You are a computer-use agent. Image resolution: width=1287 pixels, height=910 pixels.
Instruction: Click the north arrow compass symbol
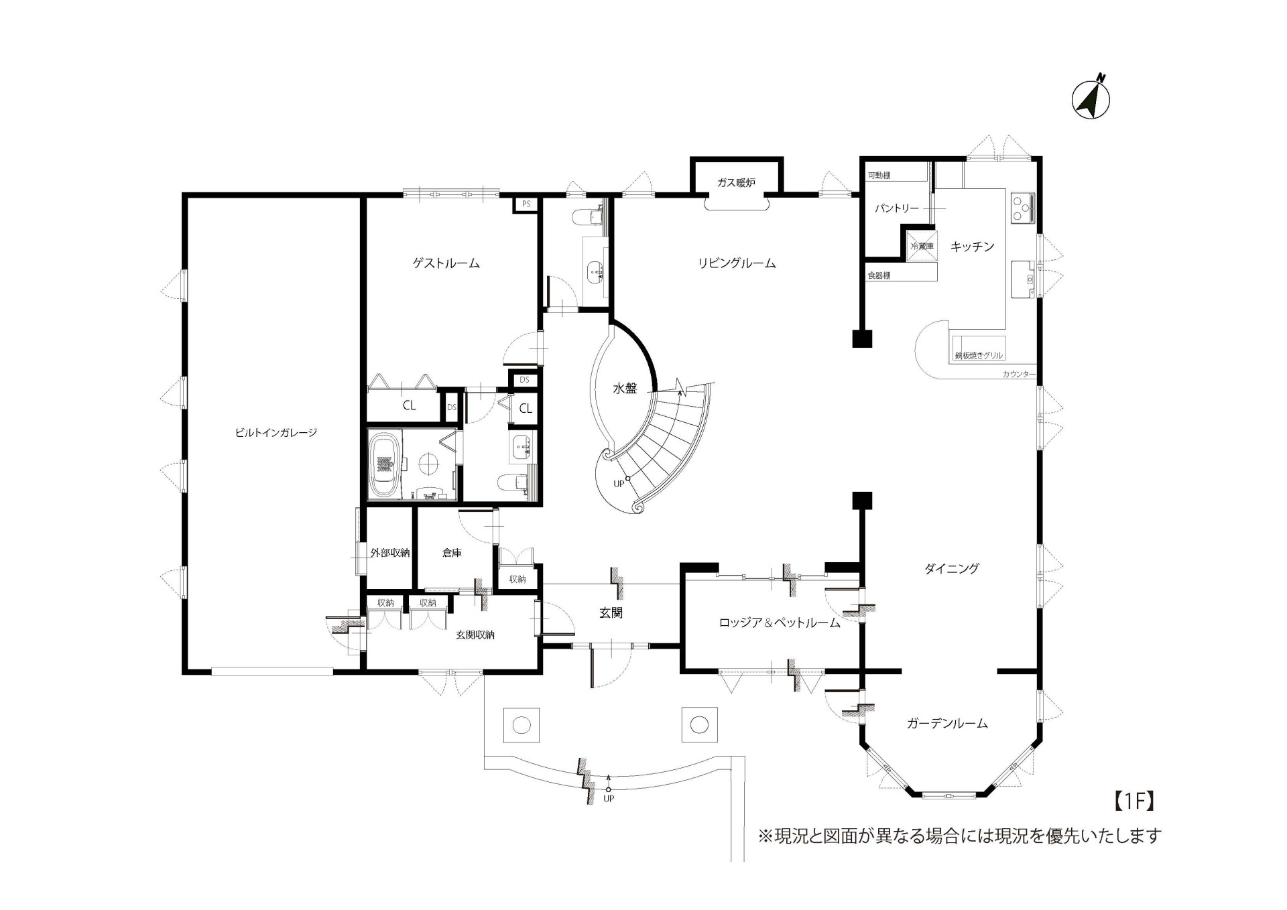point(1091,99)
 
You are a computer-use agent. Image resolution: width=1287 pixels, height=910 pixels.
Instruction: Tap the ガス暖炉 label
point(736,183)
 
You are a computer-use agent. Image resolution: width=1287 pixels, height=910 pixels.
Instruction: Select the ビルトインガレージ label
point(275,433)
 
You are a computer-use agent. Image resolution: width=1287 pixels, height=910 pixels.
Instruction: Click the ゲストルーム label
point(446,263)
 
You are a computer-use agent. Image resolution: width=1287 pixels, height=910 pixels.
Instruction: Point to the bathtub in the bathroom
point(384,464)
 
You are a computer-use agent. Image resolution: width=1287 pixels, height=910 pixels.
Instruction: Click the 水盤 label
point(625,388)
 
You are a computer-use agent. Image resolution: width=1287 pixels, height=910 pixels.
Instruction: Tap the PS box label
point(526,204)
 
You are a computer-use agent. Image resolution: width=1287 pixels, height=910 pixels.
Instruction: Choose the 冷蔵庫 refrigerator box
point(921,246)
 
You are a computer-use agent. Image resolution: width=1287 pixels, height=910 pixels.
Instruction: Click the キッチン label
point(972,247)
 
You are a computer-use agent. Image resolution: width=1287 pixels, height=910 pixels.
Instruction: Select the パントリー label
point(897,208)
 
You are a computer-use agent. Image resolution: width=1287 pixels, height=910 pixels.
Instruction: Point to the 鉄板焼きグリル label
point(979,356)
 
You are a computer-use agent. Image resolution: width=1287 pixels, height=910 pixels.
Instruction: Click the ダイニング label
point(952,568)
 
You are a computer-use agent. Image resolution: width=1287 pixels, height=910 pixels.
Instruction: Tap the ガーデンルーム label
point(947,723)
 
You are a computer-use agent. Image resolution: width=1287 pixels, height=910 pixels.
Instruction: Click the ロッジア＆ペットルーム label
point(780,623)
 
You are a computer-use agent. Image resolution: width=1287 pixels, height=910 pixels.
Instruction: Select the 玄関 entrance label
point(611,612)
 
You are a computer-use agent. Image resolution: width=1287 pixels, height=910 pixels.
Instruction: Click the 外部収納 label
point(390,553)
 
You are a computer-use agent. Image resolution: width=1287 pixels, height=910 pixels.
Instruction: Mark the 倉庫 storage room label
point(452,553)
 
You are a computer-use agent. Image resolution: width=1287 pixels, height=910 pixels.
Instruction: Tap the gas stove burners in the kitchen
point(1022,208)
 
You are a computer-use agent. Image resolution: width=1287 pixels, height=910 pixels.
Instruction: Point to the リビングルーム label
point(737,263)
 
